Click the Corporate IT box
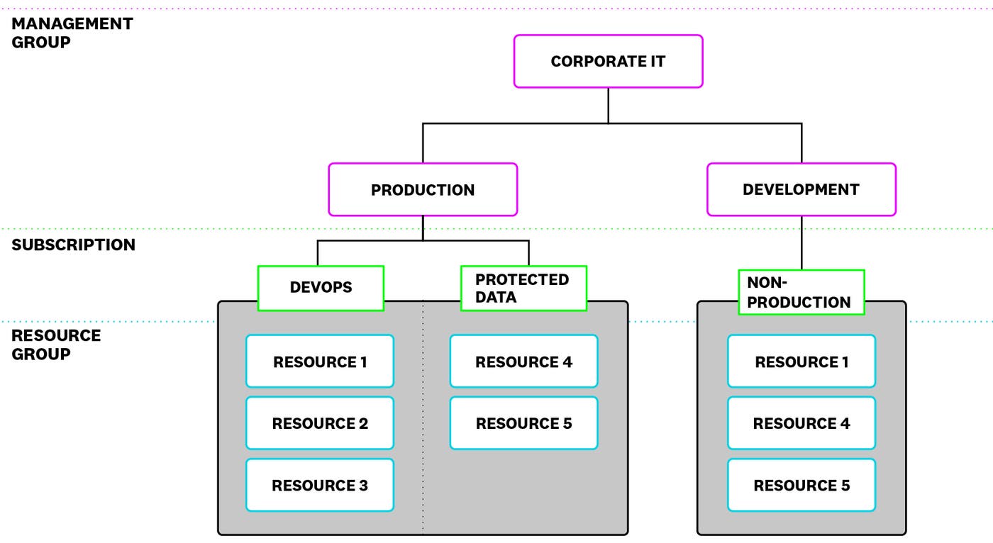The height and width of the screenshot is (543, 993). click(x=608, y=61)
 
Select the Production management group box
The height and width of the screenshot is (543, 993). click(x=423, y=189)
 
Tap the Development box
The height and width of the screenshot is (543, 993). click(x=801, y=189)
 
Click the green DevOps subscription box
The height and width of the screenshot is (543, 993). click(x=321, y=288)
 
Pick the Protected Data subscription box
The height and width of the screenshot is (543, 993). click(x=523, y=288)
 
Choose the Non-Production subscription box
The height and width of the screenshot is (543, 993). click(x=801, y=292)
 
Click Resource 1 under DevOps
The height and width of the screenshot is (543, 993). click(x=320, y=362)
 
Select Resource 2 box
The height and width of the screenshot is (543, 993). click(x=320, y=423)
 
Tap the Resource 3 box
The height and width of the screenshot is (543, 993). click(x=320, y=485)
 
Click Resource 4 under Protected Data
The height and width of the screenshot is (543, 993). click(x=523, y=362)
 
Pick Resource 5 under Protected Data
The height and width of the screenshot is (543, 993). click(x=523, y=423)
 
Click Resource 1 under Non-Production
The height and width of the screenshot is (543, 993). click(x=801, y=362)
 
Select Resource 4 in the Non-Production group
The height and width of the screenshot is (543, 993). click(x=801, y=423)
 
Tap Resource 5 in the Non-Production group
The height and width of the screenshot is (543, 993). click(x=801, y=485)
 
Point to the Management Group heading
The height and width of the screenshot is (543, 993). click(x=72, y=33)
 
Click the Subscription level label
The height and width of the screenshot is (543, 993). click(x=73, y=245)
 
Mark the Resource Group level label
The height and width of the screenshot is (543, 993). click(x=56, y=345)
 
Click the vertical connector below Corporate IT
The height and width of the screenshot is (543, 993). click(x=608, y=105)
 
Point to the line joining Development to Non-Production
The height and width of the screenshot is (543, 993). click(x=801, y=242)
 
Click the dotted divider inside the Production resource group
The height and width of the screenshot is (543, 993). click(x=423, y=425)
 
